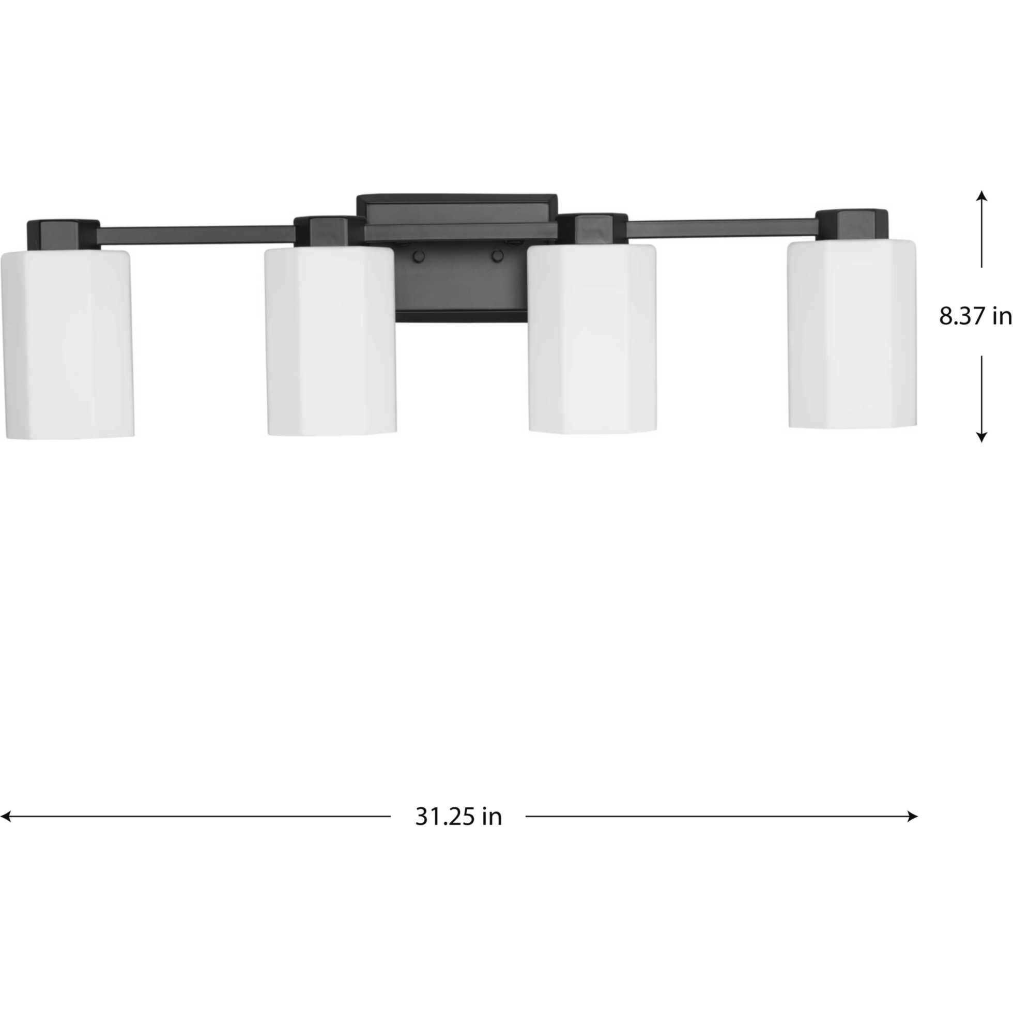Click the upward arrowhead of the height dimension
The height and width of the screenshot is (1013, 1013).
pos(981,196)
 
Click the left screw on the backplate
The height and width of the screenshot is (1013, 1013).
pos(419,256)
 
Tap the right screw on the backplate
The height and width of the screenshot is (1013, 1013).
pos(498,256)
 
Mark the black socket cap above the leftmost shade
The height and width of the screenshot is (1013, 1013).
pos(63,234)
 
